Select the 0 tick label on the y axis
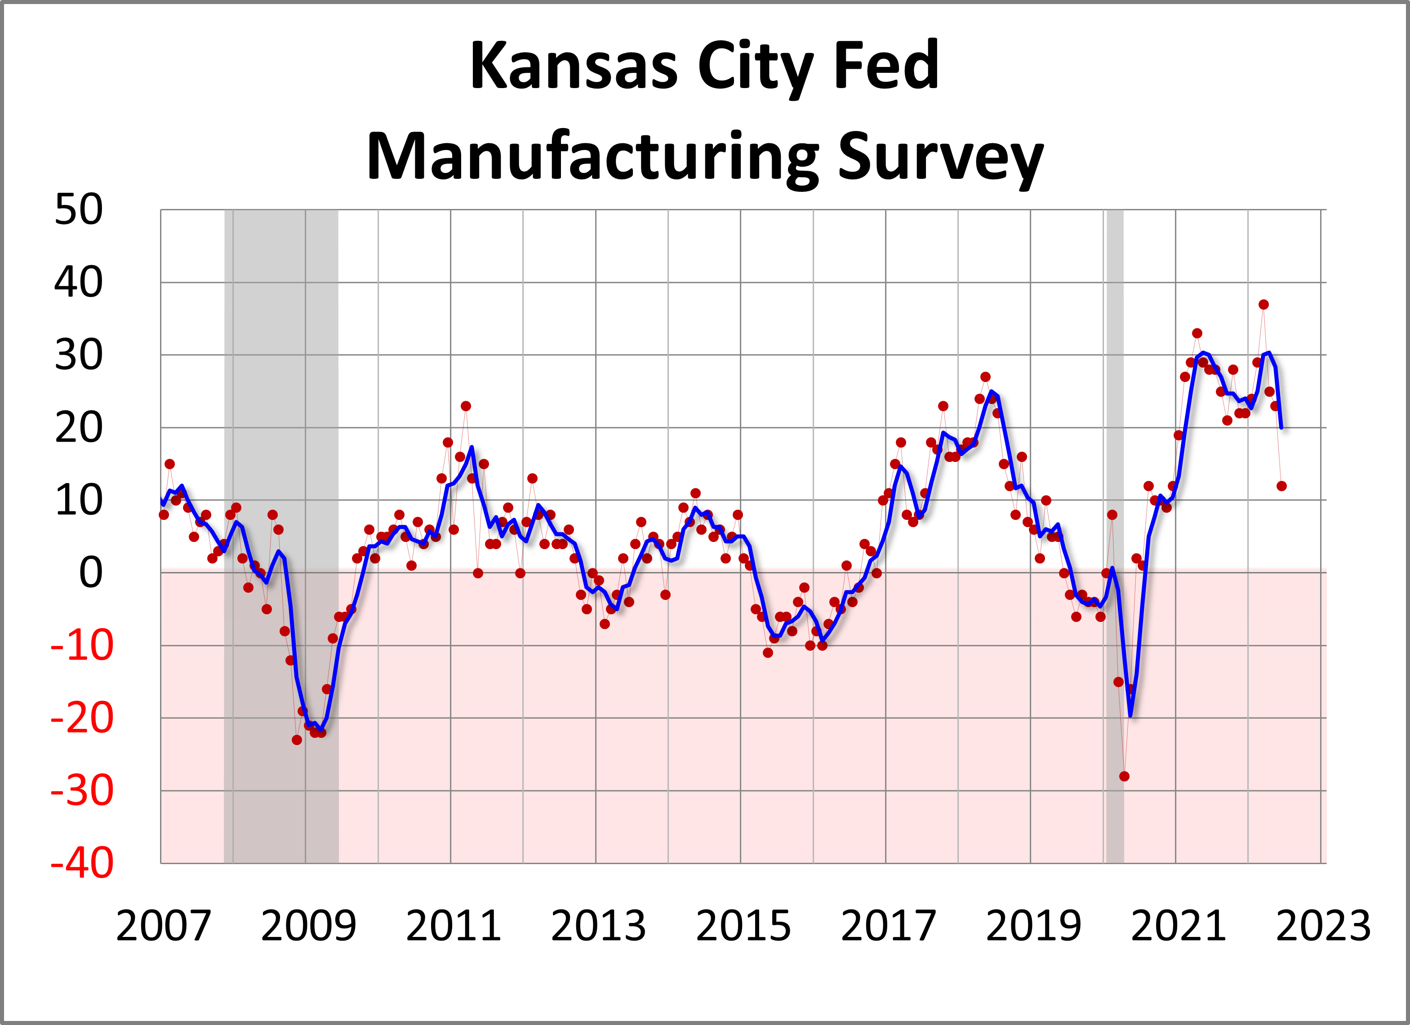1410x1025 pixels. (90, 572)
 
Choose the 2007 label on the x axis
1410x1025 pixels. (164, 926)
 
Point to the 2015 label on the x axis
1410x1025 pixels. (743, 926)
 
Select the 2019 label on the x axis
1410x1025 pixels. (1033, 926)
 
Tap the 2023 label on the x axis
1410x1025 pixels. (1323, 926)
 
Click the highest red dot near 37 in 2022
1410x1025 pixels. (1263, 305)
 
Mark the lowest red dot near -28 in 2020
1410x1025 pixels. (1124, 777)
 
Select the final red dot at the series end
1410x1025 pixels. (1281, 486)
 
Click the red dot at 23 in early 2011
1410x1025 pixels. (466, 406)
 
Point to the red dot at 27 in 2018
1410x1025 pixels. (985, 377)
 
